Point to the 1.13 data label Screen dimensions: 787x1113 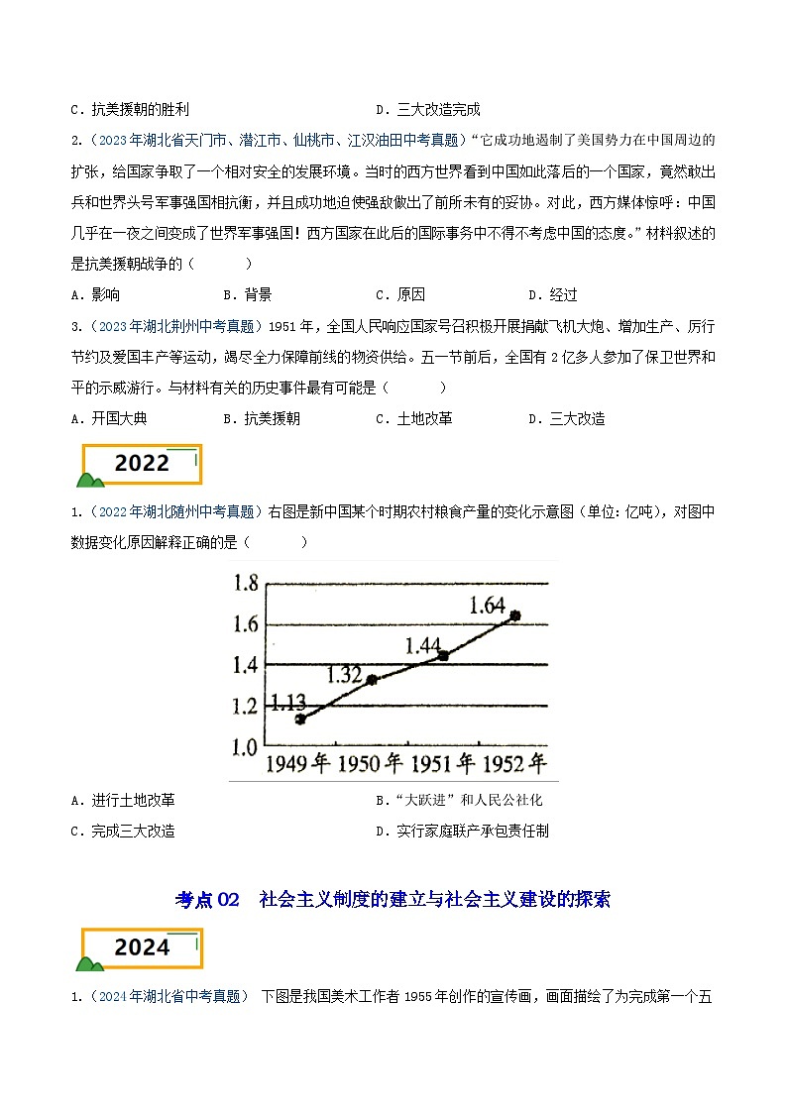287,703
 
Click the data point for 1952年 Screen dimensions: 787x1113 514,615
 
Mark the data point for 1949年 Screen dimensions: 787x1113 300,719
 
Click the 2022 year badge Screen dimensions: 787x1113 142,464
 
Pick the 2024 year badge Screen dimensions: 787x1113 142,948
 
